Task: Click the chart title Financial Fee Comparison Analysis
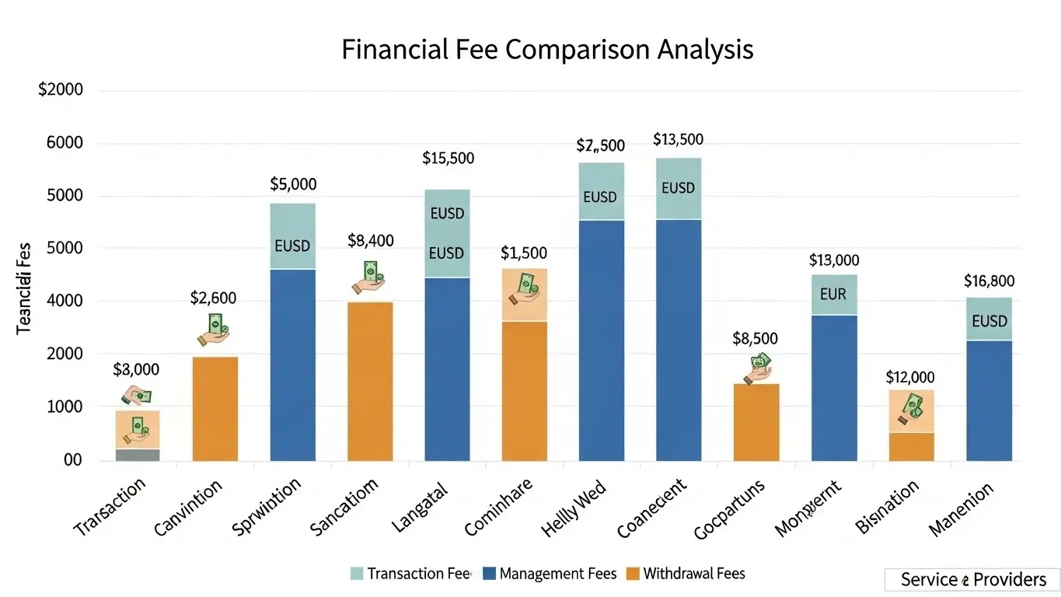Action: [x=547, y=50]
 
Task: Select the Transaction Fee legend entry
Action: [x=410, y=574]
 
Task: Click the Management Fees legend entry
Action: [x=550, y=574]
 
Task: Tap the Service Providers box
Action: [x=972, y=580]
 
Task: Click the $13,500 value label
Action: [x=678, y=140]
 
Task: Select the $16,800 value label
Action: [x=989, y=281]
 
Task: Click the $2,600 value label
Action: [x=213, y=298]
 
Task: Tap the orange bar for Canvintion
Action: [x=215, y=408]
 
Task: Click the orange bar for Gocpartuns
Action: [x=756, y=422]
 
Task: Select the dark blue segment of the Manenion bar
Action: [x=989, y=400]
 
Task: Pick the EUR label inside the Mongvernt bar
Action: [x=833, y=295]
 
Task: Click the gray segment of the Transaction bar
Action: [x=138, y=455]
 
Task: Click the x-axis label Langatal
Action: [x=420, y=507]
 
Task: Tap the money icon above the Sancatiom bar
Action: [x=370, y=276]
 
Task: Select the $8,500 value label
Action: [x=755, y=339]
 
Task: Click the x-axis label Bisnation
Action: [x=886, y=506]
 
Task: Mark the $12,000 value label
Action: [x=909, y=378]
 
